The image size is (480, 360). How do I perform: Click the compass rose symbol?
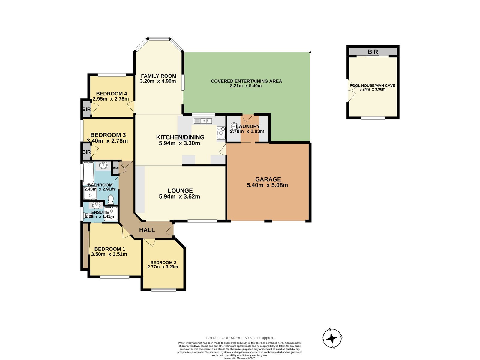coord(332,339)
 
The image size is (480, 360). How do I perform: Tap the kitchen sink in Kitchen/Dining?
coord(203,121)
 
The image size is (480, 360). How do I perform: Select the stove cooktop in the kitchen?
coord(221,133)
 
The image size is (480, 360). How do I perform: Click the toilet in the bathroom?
coord(111,199)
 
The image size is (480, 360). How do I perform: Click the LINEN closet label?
coord(115,168)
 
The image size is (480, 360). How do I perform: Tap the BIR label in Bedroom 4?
coord(86,109)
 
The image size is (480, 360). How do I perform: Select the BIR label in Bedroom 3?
coord(86,152)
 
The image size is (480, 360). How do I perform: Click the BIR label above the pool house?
coord(373,52)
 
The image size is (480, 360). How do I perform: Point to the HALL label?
coord(147,230)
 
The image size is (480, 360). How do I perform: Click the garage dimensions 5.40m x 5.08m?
coord(267,185)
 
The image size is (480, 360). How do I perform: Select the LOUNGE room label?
coord(180,190)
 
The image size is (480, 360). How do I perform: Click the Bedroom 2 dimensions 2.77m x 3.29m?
coord(163,267)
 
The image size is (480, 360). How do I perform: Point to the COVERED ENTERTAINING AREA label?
coord(246,81)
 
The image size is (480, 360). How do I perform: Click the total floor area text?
coord(240,338)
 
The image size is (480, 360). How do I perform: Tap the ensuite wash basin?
coord(96,205)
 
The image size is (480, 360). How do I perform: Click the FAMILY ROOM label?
coord(158,76)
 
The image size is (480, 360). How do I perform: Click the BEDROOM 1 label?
coord(110,249)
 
